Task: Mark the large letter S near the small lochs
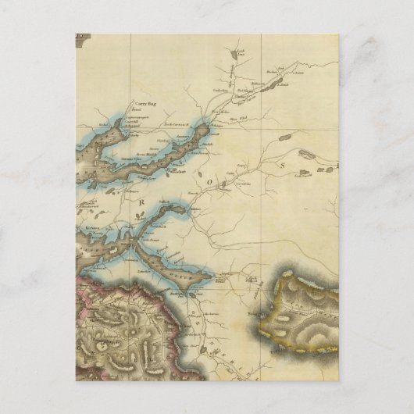(284, 164)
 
